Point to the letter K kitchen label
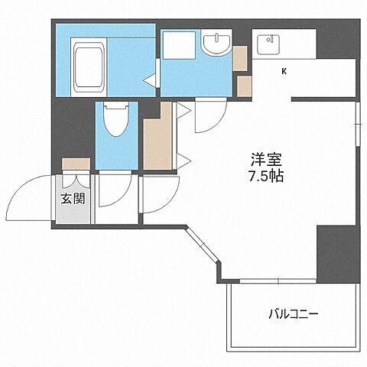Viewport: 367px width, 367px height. tap(284, 73)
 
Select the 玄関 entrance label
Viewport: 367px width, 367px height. tap(74, 200)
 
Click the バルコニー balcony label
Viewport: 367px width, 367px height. tap(293, 313)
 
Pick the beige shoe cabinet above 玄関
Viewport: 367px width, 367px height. tap(76, 164)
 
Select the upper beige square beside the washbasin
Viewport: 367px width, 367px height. tap(240, 56)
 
